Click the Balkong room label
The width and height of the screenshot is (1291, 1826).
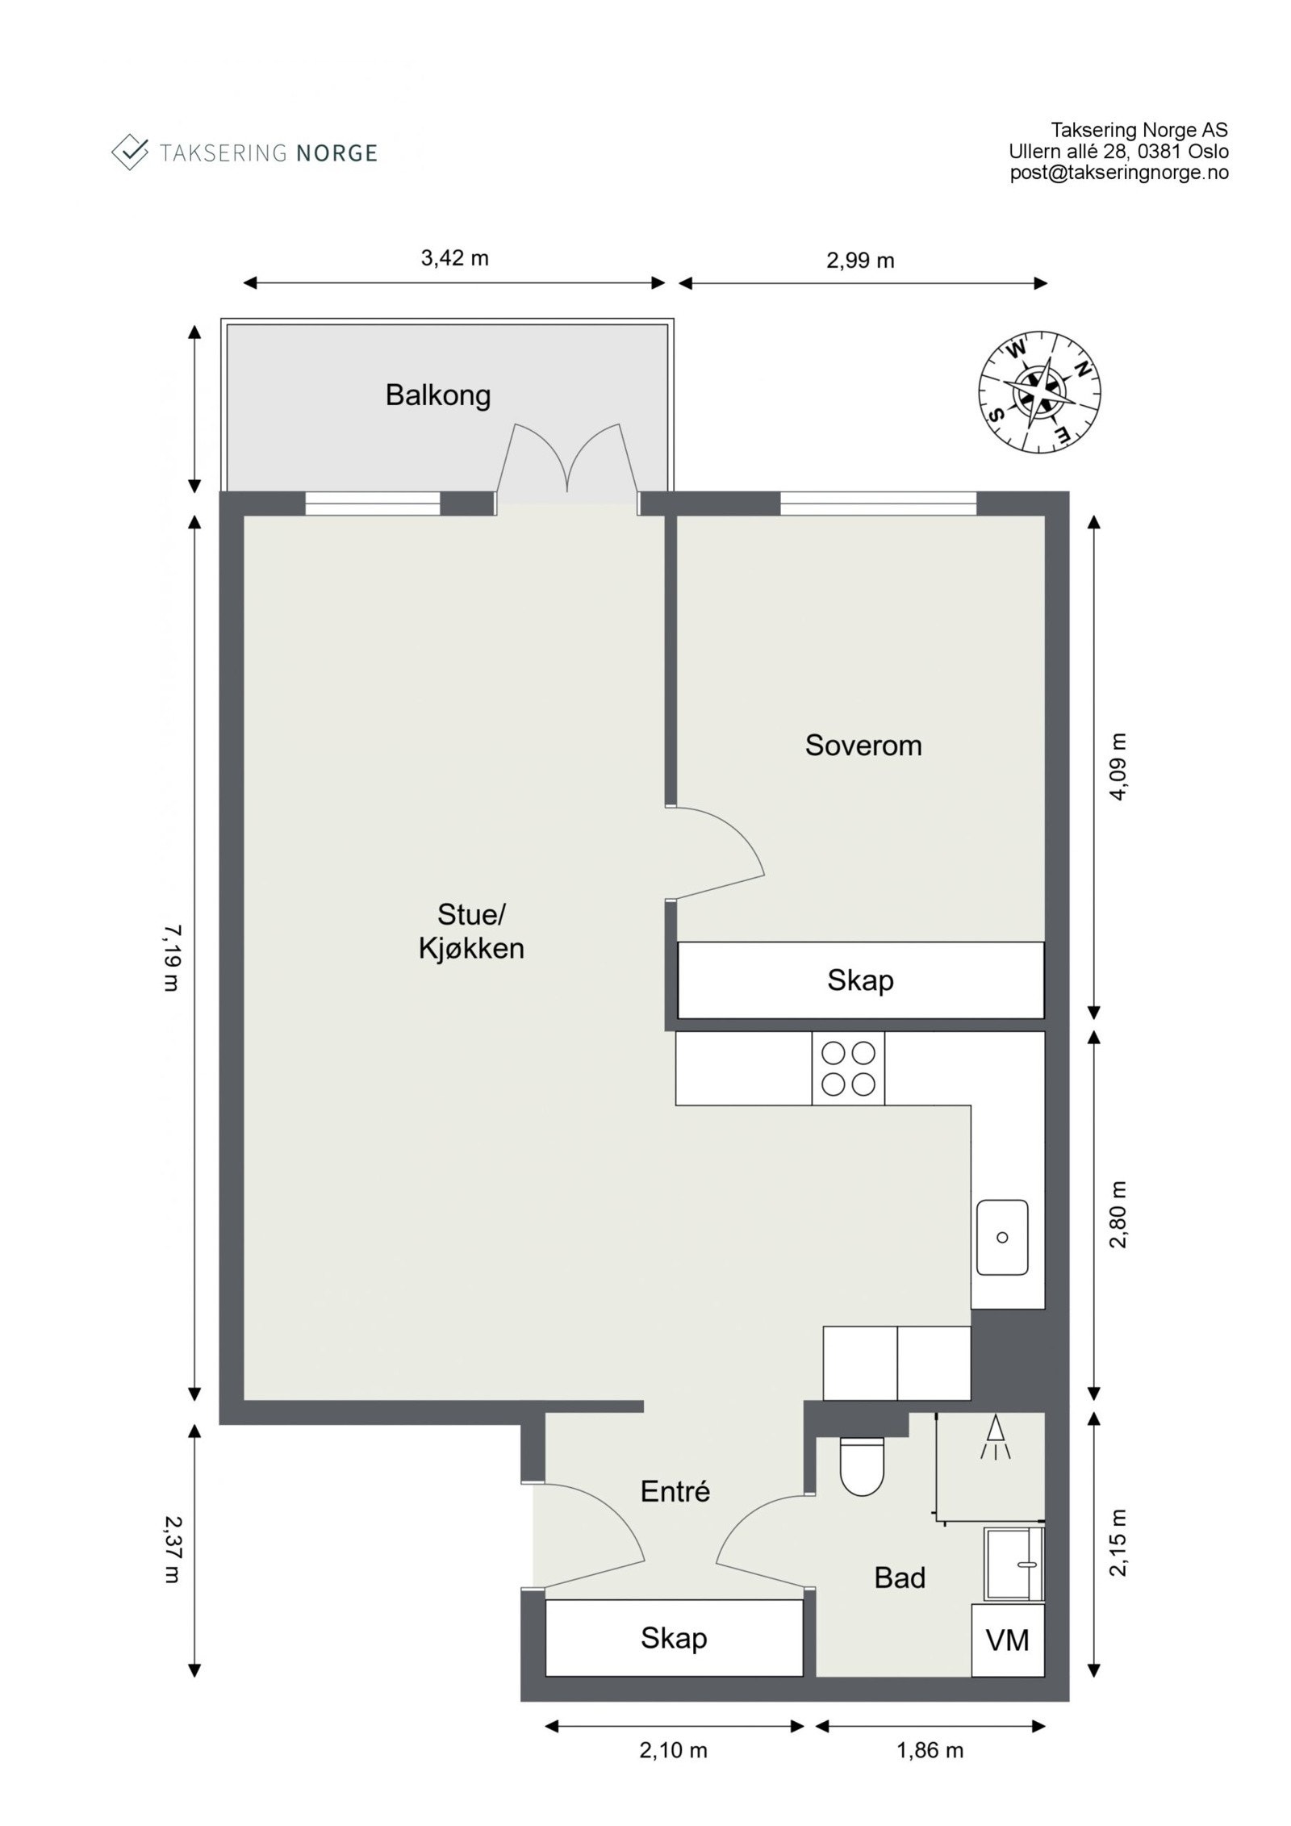tap(437, 395)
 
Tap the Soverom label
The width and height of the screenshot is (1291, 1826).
tap(863, 746)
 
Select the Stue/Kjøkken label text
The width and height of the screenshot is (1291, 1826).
tap(471, 931)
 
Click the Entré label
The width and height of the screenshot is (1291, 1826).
tap(675, 1491)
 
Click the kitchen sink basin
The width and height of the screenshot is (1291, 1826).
tap(1002, 1237)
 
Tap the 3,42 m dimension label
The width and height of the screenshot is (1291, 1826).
tap(454, 258)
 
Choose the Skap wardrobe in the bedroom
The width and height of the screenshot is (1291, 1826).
tap(860, 980)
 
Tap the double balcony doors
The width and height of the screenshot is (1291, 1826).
tap(567, 464)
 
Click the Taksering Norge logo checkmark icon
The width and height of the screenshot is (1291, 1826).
tap(130, 152)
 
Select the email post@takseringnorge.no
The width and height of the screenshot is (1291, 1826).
tap(1119, 172)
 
